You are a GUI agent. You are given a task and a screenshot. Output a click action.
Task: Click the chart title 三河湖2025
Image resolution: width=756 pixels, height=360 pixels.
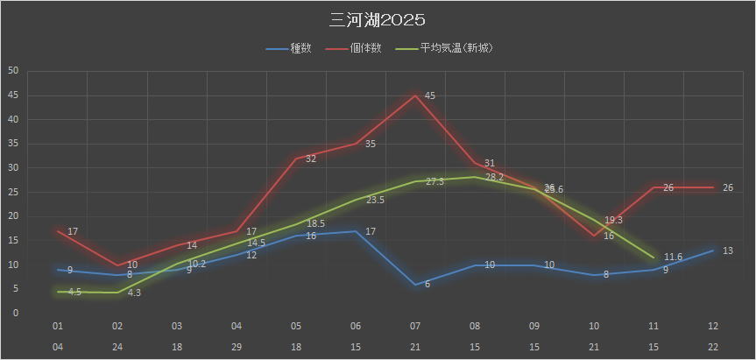[x=378, y=19]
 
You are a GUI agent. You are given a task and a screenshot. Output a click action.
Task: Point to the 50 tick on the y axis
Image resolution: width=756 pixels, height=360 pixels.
[x=12, y=71]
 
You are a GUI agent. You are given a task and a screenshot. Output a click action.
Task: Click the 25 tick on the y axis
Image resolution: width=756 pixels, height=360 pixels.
[x=12, y=192]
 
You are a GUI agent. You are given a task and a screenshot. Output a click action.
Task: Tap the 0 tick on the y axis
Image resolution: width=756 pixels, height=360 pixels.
[x=15, y=313]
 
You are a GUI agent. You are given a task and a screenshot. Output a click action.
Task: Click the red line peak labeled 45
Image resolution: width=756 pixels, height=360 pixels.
[x=415, y=95]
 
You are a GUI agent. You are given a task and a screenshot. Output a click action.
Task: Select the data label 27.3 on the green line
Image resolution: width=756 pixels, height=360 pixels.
[x=435, y=181]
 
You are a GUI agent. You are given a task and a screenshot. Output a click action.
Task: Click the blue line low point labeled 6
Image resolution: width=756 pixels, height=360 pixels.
[x=415, y=284]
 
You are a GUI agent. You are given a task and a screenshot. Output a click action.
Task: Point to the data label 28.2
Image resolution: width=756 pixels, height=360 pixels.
[x=494, y=177]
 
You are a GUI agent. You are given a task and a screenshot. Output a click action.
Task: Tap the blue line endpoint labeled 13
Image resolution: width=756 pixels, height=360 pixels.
[x=713, y=251]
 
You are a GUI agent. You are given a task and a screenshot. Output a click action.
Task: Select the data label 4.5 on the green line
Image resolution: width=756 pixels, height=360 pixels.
[x=74, y=292]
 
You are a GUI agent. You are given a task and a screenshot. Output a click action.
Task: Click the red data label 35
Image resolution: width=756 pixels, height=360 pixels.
[x=370, y=144]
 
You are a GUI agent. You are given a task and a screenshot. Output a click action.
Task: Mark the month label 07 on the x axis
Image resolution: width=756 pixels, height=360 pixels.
[x=415, y=326]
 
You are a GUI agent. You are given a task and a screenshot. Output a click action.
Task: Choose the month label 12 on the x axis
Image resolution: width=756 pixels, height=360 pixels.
[x=713, y=326]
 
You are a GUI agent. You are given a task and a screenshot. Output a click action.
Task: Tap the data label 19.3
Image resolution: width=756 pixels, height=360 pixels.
[x=613, y=220]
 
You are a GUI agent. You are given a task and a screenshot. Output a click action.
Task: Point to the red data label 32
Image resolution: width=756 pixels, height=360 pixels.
[x=310, y=158]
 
